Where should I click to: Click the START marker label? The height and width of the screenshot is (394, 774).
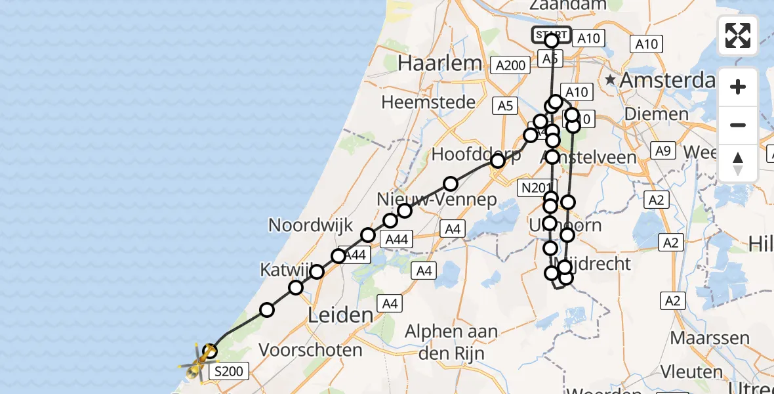551,34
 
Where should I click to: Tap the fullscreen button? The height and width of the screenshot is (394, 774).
738,35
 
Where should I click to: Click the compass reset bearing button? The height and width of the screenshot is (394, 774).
738,164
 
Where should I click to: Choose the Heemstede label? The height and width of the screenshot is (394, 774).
437,102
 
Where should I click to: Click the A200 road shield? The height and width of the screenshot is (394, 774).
510,65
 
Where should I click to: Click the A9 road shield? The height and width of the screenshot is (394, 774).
662,152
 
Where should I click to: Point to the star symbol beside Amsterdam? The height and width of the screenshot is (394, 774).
610,80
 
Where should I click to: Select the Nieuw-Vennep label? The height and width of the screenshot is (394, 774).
436,200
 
